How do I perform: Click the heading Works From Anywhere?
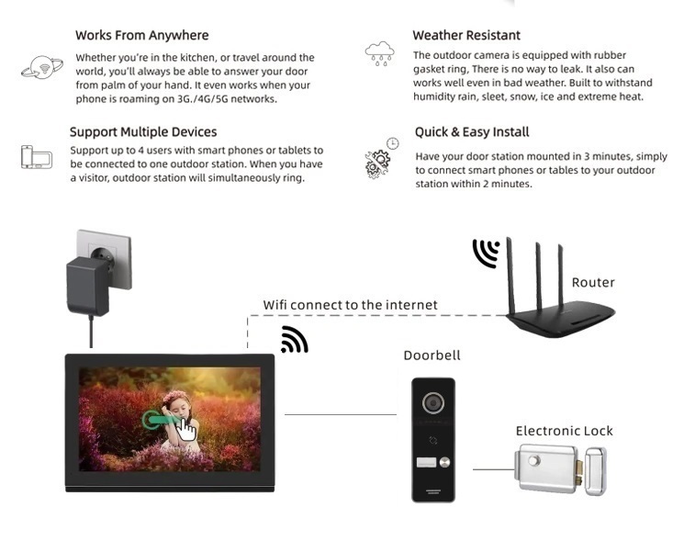coord(141,35)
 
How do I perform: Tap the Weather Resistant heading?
coord(466,35)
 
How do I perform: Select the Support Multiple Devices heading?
coord(143,131)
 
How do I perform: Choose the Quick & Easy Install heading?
coord(472,131)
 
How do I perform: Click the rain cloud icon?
coord(379,53)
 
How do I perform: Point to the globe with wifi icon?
coord(42,67)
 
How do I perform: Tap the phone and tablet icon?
coord(37,157)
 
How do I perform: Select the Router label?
coord(593,282)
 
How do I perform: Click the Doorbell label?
coord(432,355)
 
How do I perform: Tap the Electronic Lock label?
coord(564,431)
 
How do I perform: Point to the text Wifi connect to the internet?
coord(350,305)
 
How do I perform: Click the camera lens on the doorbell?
coord(433,402)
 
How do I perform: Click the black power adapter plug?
coord(88,285)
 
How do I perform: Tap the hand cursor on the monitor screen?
coord(185,429)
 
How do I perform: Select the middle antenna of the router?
coord(539,277)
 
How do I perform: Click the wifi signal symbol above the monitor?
coord(295,340)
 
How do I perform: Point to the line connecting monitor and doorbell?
coord(341,414)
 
